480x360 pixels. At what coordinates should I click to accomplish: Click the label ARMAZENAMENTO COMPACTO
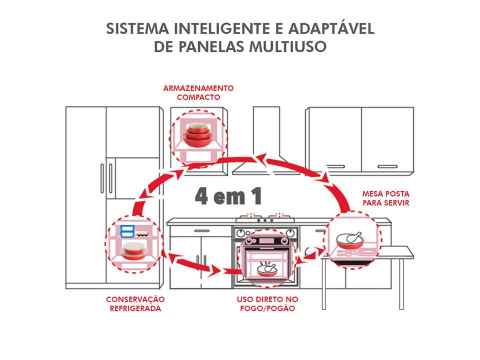point(198,92)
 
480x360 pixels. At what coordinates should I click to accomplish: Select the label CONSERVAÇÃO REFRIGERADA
point(135,303)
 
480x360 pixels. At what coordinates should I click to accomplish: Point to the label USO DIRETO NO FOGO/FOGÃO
point(267,303)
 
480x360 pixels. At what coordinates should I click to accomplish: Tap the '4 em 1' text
point(228,196)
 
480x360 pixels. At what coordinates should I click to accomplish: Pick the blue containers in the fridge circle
point(127,231)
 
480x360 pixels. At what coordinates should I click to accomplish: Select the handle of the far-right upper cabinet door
point(387,166)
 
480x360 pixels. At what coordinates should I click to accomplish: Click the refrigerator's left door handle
point(102,177)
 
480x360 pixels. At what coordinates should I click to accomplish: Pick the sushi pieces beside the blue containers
point(144,233)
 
